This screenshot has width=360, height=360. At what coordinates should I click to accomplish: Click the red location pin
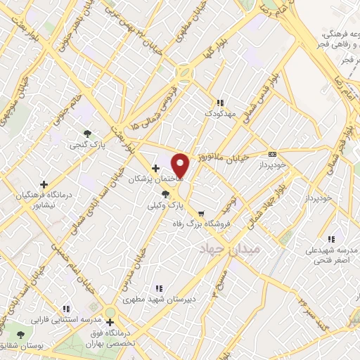coord(181,165)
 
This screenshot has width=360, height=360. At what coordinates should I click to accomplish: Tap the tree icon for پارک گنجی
coord(87,133)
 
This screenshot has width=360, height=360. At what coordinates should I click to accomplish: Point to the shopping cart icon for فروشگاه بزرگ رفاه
coord(202,214)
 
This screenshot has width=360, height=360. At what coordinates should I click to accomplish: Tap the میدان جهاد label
coord(230,250)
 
